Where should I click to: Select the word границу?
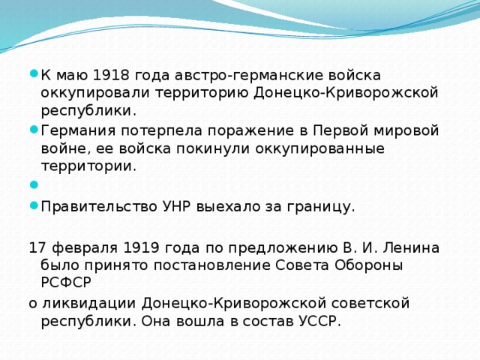pos(322,207)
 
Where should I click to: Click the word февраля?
pos(76,247)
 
